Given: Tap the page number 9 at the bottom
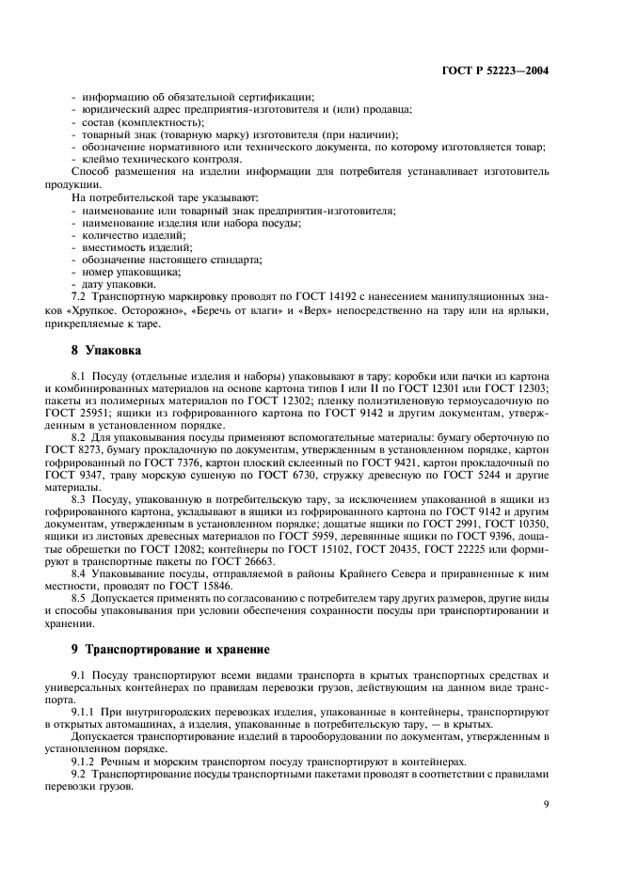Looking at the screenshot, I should (548, 805).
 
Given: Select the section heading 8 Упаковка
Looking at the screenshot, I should (106, 351).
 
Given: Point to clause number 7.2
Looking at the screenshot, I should (81, 295).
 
